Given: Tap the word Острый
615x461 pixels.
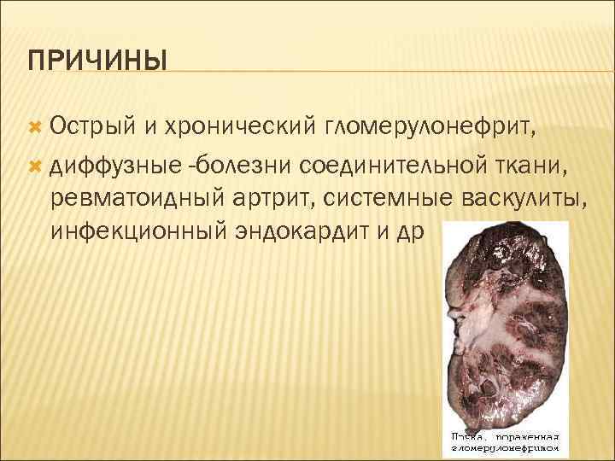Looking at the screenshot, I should coord(90,126).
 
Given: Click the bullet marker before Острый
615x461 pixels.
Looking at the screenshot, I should coord(34,127).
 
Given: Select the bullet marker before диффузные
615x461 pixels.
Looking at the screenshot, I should coord(34,162).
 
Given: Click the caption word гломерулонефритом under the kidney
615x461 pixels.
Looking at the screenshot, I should coord(507,447).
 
